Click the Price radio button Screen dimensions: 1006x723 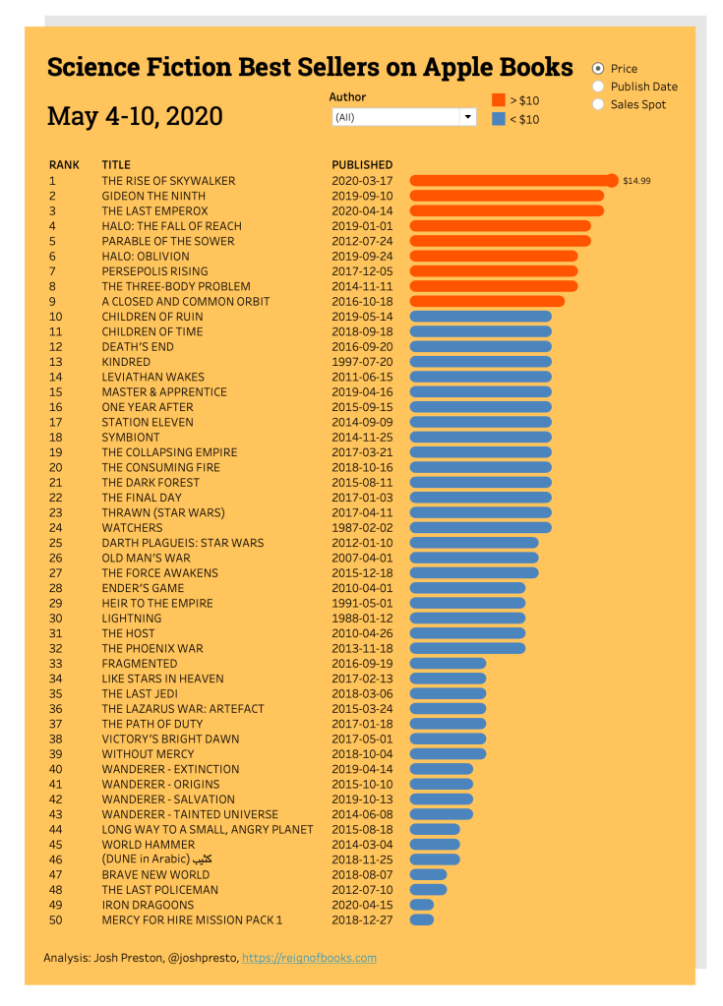pos(598,69)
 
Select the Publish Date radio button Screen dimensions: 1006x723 pos(598,87)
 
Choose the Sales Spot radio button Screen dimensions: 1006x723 pos(598,104)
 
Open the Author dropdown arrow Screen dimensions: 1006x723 pos(467,117)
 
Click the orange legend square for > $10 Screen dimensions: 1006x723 pos(499,100)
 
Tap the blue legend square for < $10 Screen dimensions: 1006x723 pos(499,119)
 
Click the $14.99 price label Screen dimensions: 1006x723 pos(636,181)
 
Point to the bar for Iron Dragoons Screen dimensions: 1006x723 pos(421,905)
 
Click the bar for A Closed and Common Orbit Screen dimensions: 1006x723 pos(487,301)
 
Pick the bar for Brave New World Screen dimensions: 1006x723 pos(428,874)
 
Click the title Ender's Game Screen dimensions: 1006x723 pos(143,588)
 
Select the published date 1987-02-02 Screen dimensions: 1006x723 pos(362,528)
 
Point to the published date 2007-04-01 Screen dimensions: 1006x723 pos(362,558)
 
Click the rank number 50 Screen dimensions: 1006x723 pos(55,919)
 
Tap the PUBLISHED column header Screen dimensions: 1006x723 pos(362,165)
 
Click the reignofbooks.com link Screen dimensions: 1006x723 pos(309,958)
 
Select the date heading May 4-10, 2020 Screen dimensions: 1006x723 pos(135,116)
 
